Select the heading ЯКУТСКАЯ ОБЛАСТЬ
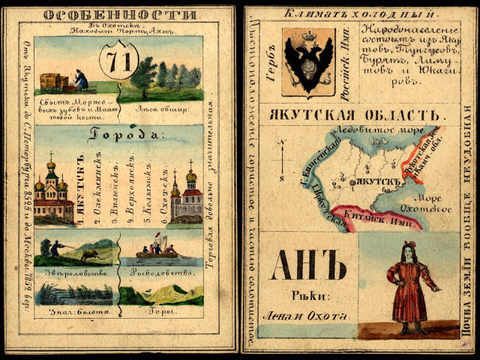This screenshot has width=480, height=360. click(x=352, y=115)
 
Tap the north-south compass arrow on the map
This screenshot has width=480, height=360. click(x=279, y=160)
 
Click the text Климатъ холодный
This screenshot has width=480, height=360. click(x=358, y=14)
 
